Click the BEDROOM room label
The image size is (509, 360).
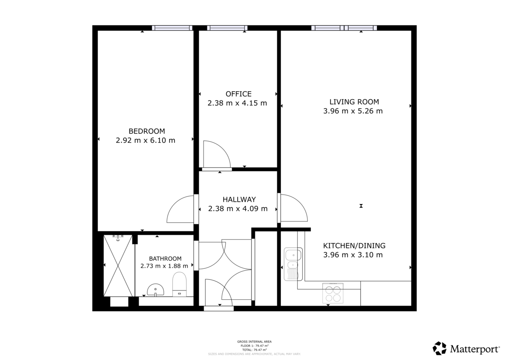pos(146,131)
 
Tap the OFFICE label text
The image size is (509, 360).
pos(238,94)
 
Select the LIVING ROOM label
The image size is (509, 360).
pos(354,102)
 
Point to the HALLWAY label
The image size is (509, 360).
pos(239,199)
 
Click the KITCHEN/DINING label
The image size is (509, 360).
pos(354,246)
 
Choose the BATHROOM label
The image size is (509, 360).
pos(165,258)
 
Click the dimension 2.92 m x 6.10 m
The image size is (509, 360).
pos(145,140)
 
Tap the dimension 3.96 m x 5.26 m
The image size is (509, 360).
pos(353,111)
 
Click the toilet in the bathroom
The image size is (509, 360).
pos(179,283)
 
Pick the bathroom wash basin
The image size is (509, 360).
pos(156,290)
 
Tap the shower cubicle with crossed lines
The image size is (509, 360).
pos(118,266)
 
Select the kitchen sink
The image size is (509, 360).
pos(293,260)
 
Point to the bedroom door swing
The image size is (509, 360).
pos(182,209)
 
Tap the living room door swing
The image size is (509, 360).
pos(293,208)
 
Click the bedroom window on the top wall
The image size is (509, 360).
pos(172,28)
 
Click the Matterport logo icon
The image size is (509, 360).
pos(439,349)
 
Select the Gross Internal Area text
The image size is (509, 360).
pos(254,341)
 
